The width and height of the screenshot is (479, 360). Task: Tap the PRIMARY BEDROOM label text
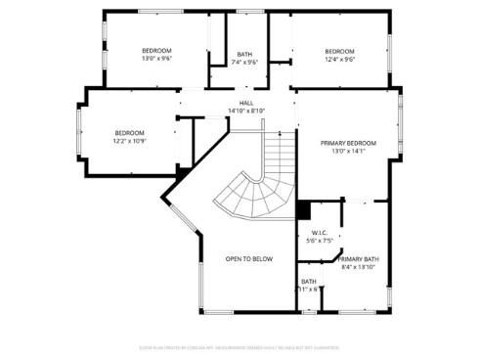(347, 143)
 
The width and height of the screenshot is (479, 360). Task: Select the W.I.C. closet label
(319, 232)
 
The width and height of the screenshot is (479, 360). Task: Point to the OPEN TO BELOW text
(249, 258)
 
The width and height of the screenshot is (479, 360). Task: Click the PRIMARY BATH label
(359, 258)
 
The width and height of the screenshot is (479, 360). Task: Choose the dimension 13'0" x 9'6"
(156, 59)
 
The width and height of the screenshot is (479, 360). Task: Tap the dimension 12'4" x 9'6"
(339, 59)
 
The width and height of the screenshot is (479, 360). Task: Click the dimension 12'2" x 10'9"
(129, 141)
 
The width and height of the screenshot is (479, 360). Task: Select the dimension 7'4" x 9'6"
(244, 63)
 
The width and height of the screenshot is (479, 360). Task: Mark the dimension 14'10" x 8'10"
(246, 110)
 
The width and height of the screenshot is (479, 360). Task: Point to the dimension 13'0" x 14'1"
(347, 151)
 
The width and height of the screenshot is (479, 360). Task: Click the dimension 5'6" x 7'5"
(319, 240)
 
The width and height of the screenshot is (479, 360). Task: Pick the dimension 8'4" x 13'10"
(359, 266)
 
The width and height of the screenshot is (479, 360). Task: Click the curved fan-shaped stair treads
(251, 196)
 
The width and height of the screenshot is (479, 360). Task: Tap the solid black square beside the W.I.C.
(303, 210)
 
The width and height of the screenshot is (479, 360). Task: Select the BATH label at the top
(244, 55)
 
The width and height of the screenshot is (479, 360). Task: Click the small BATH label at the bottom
(308, 281)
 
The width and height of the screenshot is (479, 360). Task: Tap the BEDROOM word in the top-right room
(339, 51)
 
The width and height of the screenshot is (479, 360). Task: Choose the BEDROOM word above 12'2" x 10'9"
(129, 133)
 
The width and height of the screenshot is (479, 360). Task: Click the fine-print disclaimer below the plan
(239, 345)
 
